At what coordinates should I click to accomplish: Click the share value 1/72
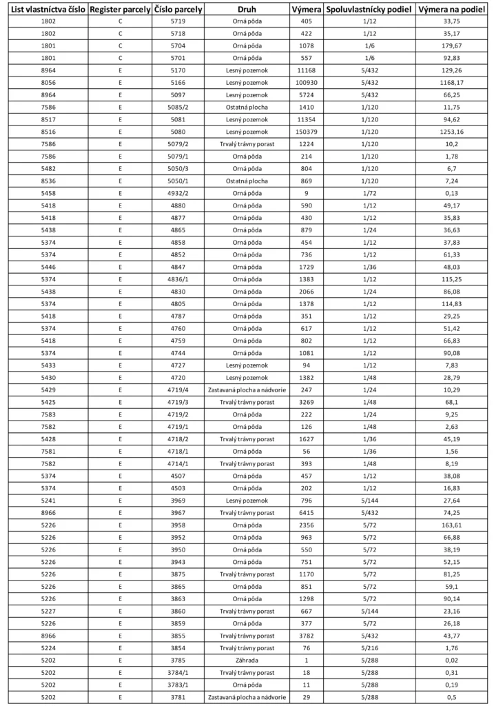(369, 193)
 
